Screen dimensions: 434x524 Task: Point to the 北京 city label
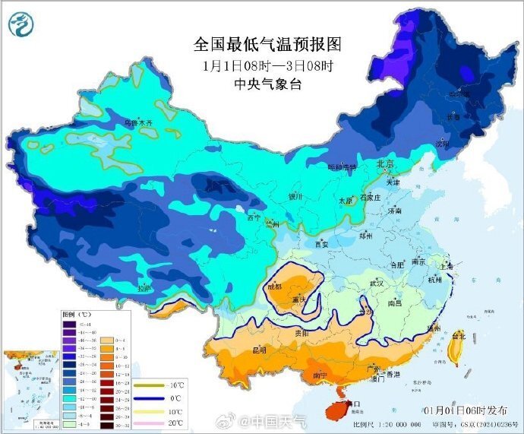point(386,164)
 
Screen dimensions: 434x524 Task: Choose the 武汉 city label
point(377,284)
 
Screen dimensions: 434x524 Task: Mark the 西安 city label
point(321,244)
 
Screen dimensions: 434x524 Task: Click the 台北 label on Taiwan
point(459,335)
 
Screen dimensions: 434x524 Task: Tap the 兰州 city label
point(272,224)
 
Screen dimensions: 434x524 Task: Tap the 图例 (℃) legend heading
point(76,314)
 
